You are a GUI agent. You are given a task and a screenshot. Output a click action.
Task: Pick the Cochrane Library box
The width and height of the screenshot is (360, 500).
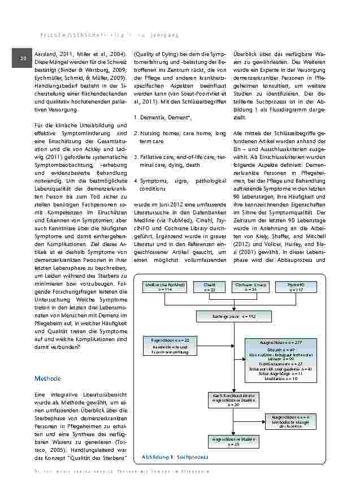click(253, 287)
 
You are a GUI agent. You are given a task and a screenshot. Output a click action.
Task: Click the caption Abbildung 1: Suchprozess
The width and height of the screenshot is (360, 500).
click(168, 455)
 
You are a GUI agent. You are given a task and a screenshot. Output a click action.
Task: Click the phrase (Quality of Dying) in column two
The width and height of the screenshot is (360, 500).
click(151, 53)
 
